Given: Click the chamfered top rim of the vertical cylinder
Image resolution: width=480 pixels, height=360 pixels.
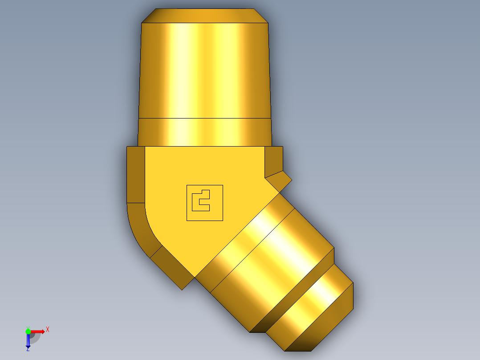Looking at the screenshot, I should [x=205, y=16].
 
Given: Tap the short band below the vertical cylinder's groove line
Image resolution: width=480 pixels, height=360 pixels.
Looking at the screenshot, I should [x=205, y=132].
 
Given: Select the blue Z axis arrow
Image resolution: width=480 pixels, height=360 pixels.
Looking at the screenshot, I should [x=28, y=341].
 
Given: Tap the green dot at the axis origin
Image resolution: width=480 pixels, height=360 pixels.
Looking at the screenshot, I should [x=28, y=331].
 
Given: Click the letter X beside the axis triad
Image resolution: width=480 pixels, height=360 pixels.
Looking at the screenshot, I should [x=48, y=329].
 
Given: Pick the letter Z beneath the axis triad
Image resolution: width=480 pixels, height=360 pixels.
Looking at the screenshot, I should [x=28, y=349].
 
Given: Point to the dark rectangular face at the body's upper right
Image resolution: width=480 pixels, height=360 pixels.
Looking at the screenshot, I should [x=273, y=160].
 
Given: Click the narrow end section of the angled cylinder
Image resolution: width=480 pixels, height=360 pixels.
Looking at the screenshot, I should [x=312, y=312].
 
